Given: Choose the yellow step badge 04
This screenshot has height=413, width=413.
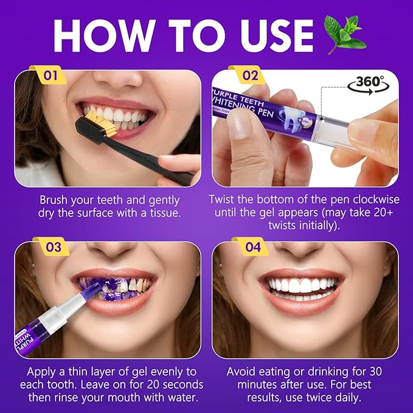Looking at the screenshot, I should click(x=251, y=248).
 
